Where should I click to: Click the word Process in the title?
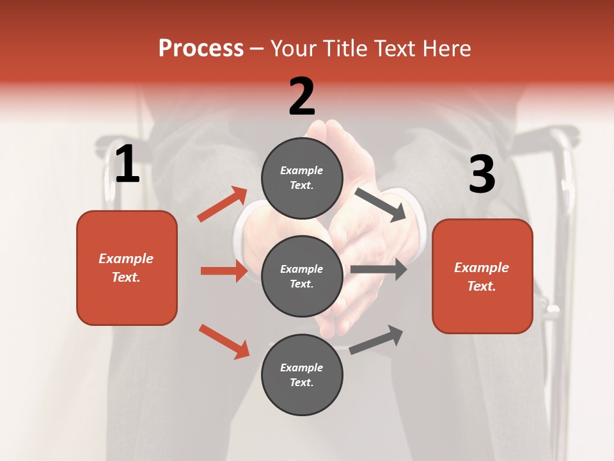201,49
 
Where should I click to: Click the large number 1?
127,165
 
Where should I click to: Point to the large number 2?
302,97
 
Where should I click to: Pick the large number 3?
482,175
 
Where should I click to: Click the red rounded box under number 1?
127,268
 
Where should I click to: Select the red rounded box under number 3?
482,276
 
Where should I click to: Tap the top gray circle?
302,178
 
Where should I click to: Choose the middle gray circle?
302,276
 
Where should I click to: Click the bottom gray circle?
302,375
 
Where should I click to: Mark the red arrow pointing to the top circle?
223,204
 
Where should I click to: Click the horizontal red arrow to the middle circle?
224,271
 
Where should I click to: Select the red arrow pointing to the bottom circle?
224,341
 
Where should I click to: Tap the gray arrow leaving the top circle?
381,205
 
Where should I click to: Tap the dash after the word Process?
256,49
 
